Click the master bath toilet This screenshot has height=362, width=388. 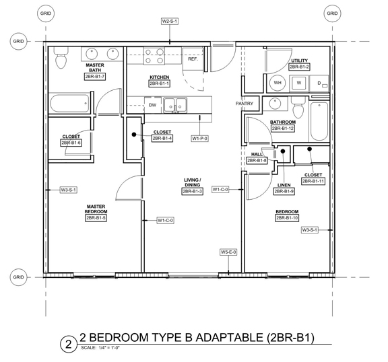click(x=61, y=57)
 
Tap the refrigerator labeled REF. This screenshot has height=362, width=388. click(x=193, y=59)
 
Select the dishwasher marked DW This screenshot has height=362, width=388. click(x=153, y=105)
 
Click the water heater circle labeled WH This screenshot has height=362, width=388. click(x=278, y=83)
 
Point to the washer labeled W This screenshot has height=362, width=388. click(x=299, y=83)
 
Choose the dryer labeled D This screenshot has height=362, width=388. click(x=319, y=83)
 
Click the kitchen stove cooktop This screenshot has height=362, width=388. click(x=154, y=56)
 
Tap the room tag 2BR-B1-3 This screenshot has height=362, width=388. click(x=193, y=192)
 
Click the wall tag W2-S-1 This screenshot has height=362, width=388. click(x=170, y=22)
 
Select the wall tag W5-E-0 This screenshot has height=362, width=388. click(x=228, y=252)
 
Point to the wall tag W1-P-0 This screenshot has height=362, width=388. click(x=199, y=139)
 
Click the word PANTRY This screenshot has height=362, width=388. click(x=245, y=104)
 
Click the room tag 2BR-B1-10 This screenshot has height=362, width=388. click(x=287, y=218)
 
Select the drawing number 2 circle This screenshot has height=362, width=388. click(x=68, y=345)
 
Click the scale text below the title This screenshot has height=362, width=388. click(x=100, y=348)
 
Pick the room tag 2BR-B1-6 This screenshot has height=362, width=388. click(x=71, y=143)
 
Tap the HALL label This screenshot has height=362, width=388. click(x=257, y=155)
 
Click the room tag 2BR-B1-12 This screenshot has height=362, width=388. click(x=283, y=129)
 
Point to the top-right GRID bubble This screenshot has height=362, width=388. click(x=332, y=13)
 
